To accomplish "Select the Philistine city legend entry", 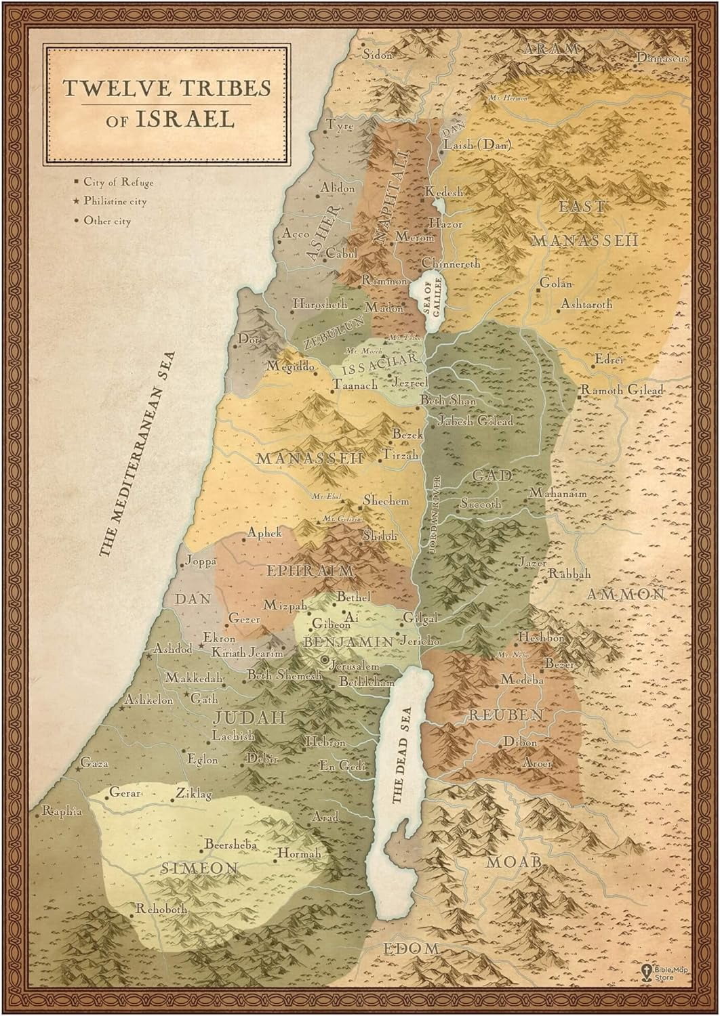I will pos(114,202).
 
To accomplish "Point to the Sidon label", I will pos(378,55).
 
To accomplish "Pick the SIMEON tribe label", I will pos(199,868).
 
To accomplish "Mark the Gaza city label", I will pos(94,764).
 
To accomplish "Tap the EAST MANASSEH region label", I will pos(584,224).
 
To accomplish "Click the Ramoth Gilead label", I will pos(620,390).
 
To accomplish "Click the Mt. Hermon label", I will pos(508,98).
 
